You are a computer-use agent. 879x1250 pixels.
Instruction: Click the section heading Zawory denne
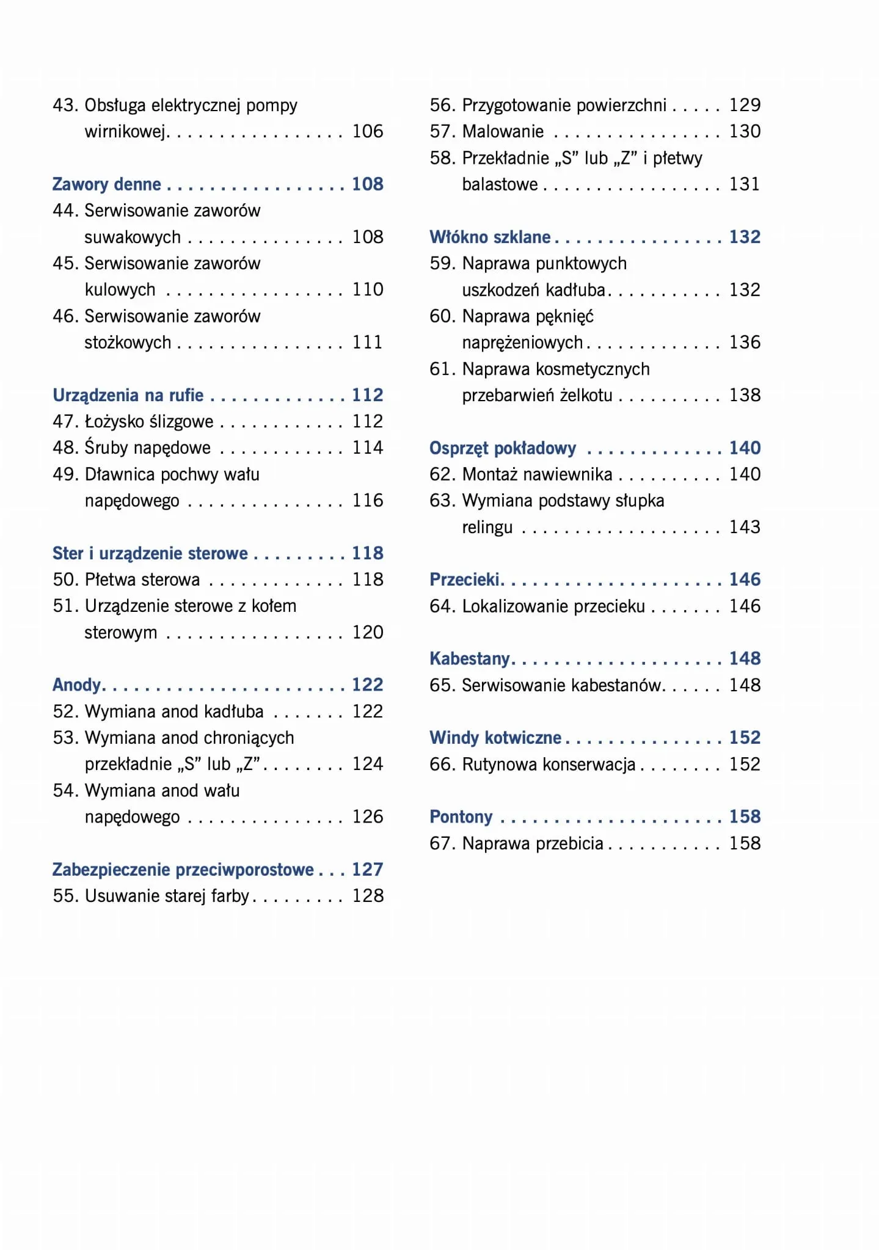(106, 184)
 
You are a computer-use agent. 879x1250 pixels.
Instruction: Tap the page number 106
(367, 131)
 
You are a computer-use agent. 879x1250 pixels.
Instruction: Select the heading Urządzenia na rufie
(128, 395)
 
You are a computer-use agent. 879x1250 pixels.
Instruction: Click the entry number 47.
(64, 421)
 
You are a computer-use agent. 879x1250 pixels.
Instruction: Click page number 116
(367, 501)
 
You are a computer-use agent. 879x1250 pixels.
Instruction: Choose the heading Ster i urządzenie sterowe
(150, 553)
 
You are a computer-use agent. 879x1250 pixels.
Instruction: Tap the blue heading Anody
(76, 685)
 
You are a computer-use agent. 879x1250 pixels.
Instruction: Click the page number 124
(367, 764)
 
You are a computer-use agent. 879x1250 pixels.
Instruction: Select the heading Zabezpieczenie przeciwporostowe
(183, 869)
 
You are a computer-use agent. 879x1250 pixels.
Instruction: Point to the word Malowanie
(503, 131)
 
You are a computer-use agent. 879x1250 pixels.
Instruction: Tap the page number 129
(745, 105)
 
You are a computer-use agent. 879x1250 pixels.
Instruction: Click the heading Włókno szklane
(490, 237)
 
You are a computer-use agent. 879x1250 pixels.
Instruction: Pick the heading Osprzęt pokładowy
(503, 448)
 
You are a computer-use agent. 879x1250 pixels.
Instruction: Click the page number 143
(745, 527)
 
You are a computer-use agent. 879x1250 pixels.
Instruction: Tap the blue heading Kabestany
(469, 658)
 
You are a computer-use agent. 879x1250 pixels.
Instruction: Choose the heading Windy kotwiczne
(495, 738)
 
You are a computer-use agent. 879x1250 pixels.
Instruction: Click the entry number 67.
(440, 843)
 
